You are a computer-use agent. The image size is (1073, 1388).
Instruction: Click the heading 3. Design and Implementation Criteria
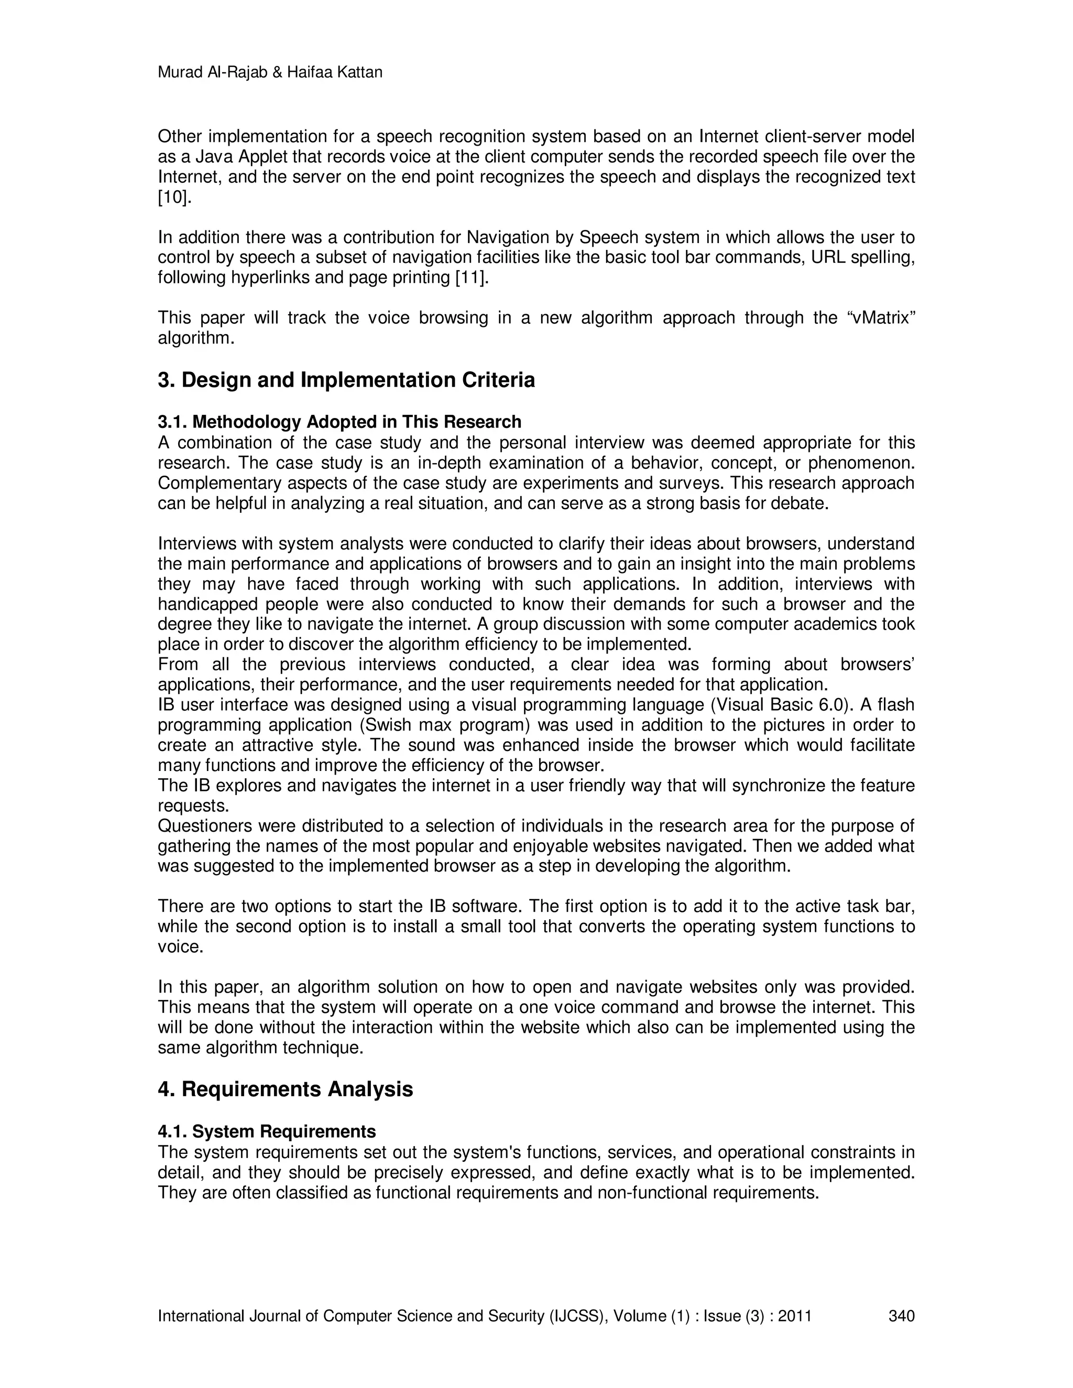pos(346,380)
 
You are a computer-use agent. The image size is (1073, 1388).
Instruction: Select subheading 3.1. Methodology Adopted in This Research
pos(339,422)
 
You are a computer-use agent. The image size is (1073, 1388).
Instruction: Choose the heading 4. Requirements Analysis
pos(285,1089)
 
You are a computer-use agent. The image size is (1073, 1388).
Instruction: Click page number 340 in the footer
pos(901,1316)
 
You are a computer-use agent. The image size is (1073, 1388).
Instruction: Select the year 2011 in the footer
pos(795,1316)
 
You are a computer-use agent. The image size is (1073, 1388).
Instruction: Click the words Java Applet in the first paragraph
pos(241,157)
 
